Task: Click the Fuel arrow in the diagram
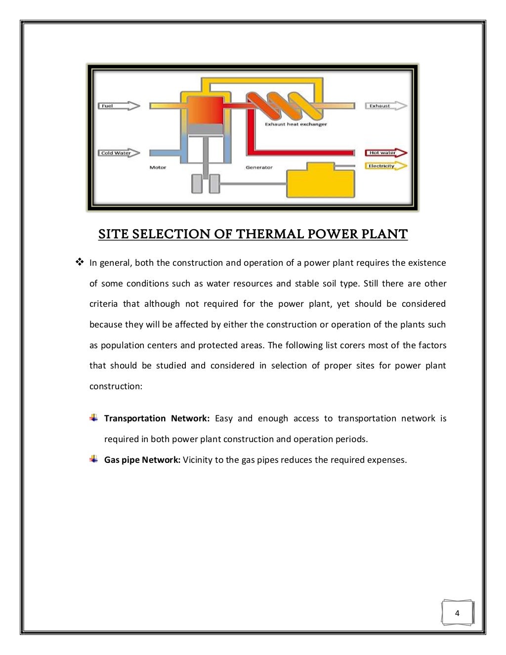click(x=119, y=106)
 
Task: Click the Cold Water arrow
click(x=119, y=153)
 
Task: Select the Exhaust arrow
click(x=386, y=106)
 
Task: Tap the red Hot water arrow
click(x=386, y=153)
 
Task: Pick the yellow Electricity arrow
click(x=386, y=166)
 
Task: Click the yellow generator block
click(x=321, y=181)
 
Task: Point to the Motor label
click(x=158, y=167)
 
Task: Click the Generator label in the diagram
click(x=259, y=167)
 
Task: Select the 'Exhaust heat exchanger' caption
click(x=295, y=124)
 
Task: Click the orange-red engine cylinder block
click(x=205, y=110)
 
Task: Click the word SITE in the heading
click(x=114, y=234)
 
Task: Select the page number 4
click(x=457, y=613)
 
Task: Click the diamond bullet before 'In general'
click(x=79, y=262)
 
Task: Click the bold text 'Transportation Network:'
click(x=157, y=418)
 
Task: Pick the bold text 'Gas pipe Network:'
click(x=142, y=460)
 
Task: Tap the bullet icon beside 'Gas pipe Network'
click(x=94, y=459)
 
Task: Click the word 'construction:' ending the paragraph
click(x=116, y=386)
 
